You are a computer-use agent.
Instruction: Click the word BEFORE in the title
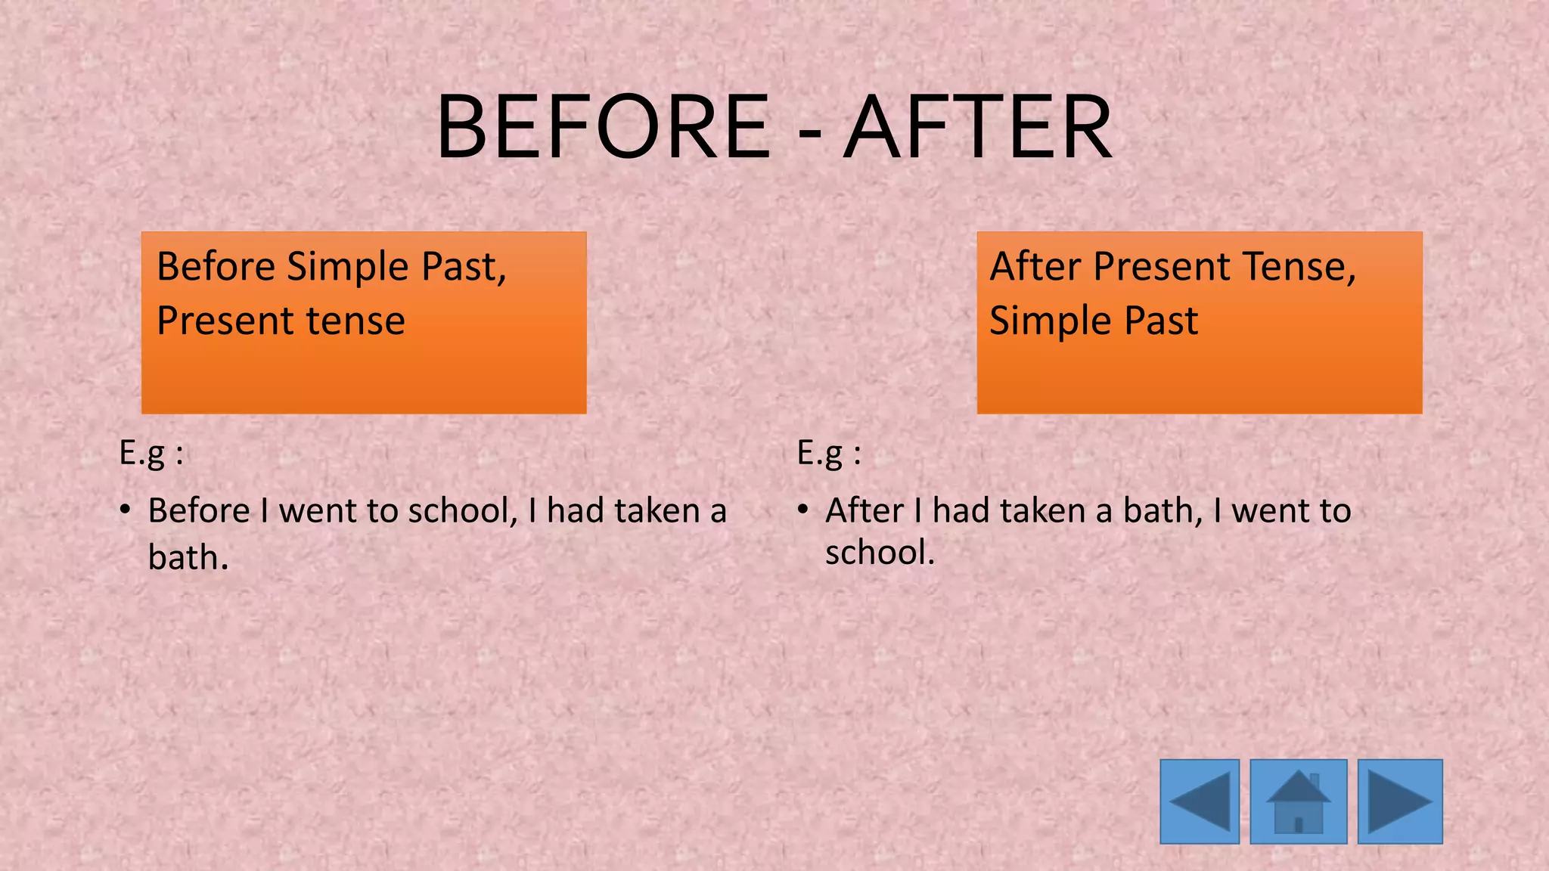click(x=604, y=127)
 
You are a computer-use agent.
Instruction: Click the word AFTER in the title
click(x=978, y=127)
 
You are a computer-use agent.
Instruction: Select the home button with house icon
click(x=1298, y=801)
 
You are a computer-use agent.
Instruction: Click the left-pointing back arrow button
click(x=1200, y=801)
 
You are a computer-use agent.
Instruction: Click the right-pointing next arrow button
click(x=1400, y=801)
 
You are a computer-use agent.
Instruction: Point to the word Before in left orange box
click(x=216, y=267)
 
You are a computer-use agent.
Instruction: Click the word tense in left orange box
click(x=360, y=321)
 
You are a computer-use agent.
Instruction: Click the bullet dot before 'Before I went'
click(x=126, y=509)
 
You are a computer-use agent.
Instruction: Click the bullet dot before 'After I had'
click(x=803, y=509)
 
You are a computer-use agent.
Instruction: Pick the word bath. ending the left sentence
click(x=188, y=558)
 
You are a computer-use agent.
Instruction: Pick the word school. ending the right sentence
click(x=880, y=553)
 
